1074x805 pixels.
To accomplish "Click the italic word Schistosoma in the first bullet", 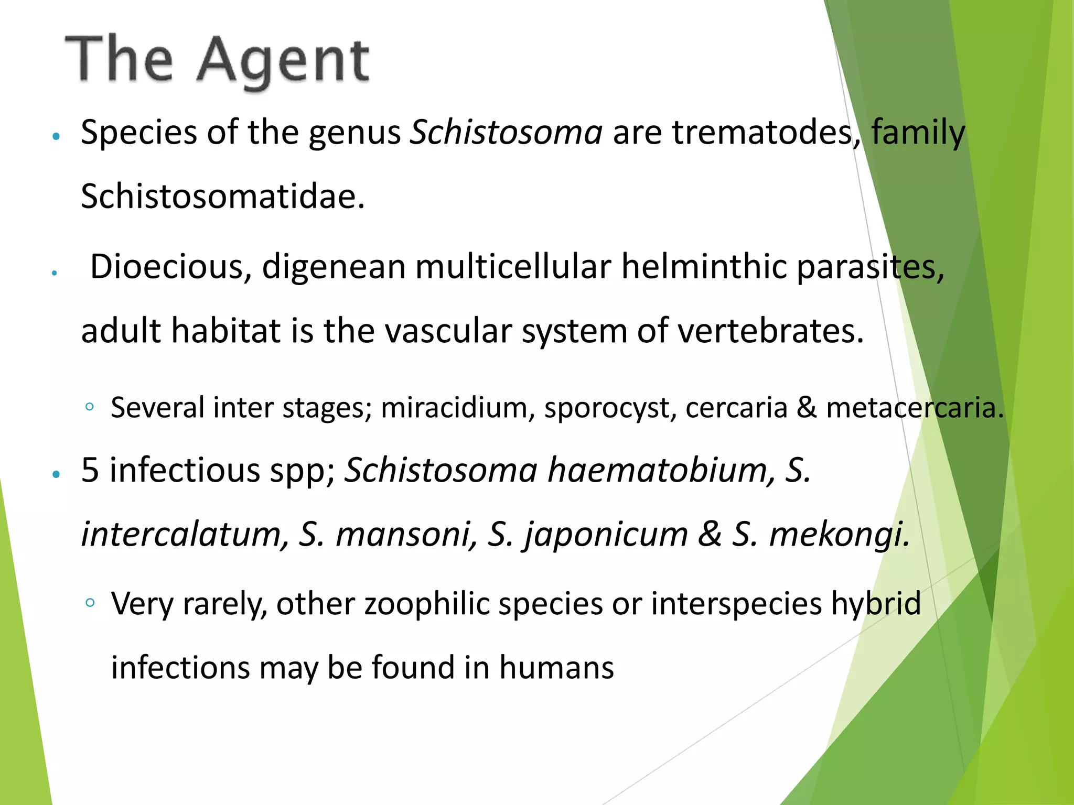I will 507,132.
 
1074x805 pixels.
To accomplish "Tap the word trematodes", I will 764,132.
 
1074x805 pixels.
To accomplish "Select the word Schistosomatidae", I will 222,197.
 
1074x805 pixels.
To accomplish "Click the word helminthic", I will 704,267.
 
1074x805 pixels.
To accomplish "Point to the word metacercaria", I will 915,408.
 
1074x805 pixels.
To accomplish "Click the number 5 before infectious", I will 90,470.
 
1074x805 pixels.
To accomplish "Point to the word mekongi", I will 839,535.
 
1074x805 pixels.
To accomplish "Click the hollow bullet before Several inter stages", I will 90,407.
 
